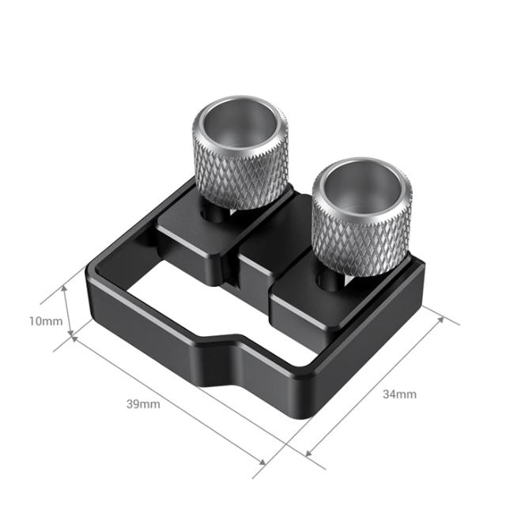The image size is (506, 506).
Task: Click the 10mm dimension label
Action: point(46,322)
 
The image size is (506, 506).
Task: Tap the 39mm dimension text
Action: point(142,404)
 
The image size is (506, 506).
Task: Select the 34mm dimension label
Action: point(399,394)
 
